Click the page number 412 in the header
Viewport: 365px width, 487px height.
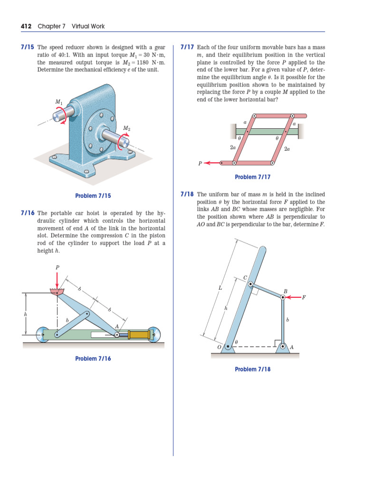pos(26,26)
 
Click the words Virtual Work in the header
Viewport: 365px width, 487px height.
pos(88,26)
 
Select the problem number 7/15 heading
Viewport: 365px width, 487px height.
pos(28,48)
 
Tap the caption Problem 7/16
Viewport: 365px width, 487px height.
pos(93,358)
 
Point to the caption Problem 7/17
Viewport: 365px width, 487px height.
pos(252,177)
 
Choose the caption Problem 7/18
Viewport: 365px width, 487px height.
pos(252,369)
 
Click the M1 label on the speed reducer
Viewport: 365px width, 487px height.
pos(58,102)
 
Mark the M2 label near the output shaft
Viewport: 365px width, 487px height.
pos(127,128)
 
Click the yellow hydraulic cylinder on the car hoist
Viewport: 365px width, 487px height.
pos(138,335)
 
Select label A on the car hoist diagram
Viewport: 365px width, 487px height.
pos(117,326)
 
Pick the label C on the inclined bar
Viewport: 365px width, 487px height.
pos(245,277)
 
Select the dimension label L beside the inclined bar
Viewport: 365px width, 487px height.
pos(220,288)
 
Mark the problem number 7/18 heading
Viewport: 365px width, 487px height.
pos(187,195)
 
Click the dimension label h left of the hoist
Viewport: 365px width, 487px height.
pos(25,314)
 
